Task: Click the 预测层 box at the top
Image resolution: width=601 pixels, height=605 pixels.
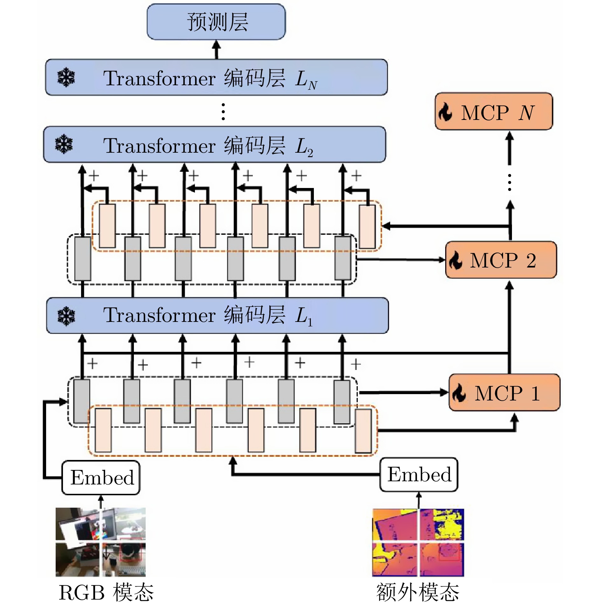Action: click(216, 22)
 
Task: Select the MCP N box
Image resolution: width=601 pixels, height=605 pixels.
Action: click(494, 112)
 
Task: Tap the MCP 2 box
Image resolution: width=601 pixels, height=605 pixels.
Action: click(501, 260)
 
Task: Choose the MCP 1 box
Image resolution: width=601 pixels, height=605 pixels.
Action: click(504, 393)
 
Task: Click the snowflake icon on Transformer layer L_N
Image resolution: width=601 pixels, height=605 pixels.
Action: click(66, 77)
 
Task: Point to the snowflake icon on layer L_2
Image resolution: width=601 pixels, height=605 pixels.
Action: click(64, 144)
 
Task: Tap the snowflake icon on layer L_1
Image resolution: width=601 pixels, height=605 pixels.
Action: click(66, 316)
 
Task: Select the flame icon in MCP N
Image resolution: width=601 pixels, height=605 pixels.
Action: click(446, 112)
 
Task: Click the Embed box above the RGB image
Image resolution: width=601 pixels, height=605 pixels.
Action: click(101, 477)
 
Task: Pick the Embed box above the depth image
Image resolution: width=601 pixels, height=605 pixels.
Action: click(419, 475)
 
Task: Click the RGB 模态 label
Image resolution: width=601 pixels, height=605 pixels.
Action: click(106, 592)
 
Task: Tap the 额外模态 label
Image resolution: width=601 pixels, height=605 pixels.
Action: click(418, 592)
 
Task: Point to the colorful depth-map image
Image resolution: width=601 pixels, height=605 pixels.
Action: click(418, 542)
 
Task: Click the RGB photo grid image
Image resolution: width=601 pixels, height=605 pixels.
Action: click(100, 542)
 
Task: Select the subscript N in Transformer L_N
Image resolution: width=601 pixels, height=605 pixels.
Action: click(313, 85)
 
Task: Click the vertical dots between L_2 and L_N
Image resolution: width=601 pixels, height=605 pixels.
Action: click(224, 111)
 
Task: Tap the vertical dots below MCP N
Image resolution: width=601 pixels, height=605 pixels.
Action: click(510, 183)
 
